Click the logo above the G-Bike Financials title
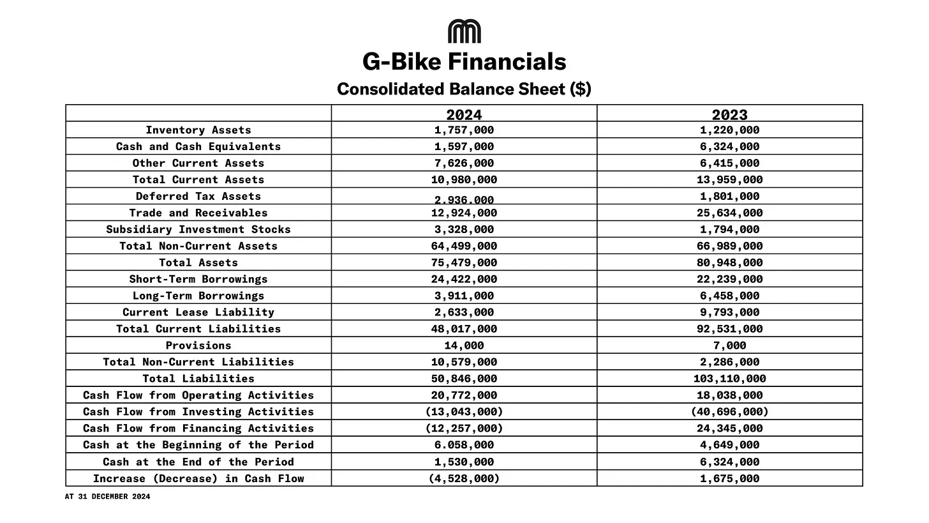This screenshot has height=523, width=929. (x=464, y=31)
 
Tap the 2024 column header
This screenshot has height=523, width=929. (x=464, y=115)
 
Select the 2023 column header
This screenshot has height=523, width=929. (x=729, y=115)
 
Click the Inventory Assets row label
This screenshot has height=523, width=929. (x=198, y=130)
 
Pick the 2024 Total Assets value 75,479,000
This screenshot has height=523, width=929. (x=464, y=262)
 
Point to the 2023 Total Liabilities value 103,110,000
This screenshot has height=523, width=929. (x=729, y=379)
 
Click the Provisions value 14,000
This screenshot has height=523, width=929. (x=464, y=345)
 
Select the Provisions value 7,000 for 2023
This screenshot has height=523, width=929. (x=729, y=345)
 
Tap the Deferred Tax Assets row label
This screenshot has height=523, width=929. (x=198, y=196)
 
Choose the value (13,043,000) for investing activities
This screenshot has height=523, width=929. (x=464, y=412)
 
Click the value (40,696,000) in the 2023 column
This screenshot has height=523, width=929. (x=729, y=412)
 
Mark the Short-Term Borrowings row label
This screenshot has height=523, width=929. (x=198, y=279)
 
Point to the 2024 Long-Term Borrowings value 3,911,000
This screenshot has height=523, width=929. (x=464, y=296)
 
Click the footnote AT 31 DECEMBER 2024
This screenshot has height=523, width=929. (x=107, y=496)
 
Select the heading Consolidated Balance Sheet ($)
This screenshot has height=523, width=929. (x=464, y=89)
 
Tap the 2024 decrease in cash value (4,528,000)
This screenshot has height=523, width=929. (x=464, y=478)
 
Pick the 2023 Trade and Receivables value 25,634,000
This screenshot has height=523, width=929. (x=729, y=213)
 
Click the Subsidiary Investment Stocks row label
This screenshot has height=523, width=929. (x=198, y=229)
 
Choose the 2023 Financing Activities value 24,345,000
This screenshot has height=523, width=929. (x=729, y=428)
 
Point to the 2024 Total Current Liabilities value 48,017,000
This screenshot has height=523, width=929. (x=464, y=329)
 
